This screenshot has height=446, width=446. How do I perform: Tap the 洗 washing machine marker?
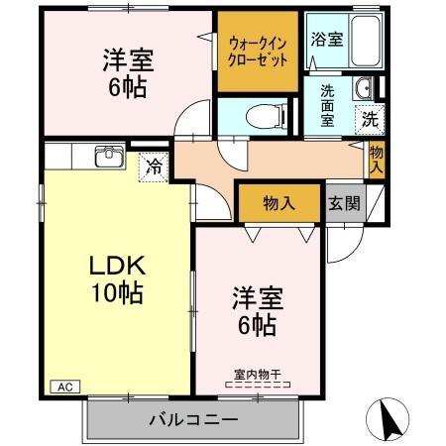pos(368,118)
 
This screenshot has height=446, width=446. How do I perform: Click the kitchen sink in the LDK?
pos(107,158)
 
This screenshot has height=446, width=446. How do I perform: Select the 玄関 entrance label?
pos(344,204)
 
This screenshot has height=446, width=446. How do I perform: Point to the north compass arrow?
pos(390,420)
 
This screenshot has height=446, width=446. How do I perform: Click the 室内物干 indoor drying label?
pos(258,375)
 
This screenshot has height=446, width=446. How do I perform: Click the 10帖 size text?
pos(118,292)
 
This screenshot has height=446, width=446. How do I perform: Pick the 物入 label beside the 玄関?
pos(279,204)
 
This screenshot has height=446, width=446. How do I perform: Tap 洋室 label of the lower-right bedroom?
pos(256,296)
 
